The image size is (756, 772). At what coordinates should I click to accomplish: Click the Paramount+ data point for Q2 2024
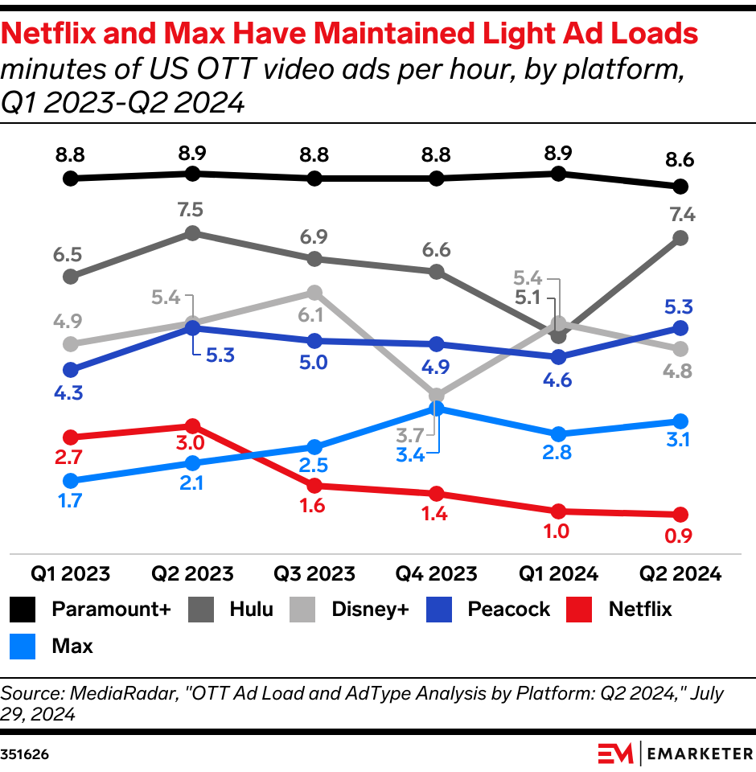pos(680,187)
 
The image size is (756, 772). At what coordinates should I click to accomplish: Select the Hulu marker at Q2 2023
pos(192,233)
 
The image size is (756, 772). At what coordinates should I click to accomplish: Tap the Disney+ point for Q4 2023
pos(437,396)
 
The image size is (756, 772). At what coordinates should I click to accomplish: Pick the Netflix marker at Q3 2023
pos(314,486)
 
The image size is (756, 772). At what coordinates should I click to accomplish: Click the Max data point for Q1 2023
pos(71,481)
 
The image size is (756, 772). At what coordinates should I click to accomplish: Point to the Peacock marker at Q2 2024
pos(680,328)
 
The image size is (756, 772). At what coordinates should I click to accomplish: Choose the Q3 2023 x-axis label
pos(314,574)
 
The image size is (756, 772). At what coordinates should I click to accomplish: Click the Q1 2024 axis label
pos(558,574)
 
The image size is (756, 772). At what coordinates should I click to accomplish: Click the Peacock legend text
pos(508,609)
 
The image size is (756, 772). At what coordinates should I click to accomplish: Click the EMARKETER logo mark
pos(614,754)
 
